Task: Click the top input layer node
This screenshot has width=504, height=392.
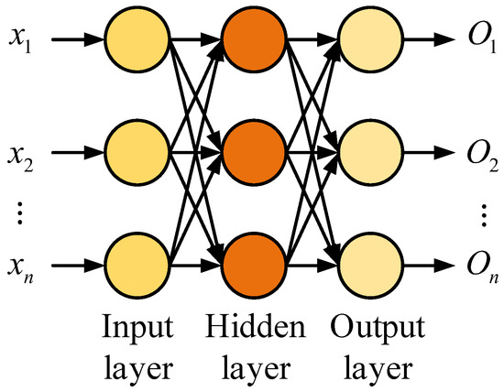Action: [137, 40]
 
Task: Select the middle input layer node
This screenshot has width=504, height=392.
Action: [137, 148]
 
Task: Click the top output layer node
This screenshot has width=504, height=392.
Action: [370, 40]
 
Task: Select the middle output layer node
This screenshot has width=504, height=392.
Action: [370, 148]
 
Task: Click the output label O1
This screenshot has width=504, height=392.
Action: [481, 42]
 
